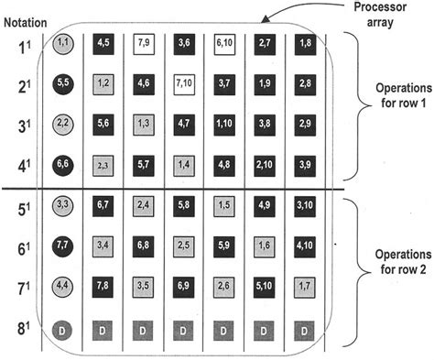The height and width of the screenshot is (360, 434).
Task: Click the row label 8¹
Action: point(22,328)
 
